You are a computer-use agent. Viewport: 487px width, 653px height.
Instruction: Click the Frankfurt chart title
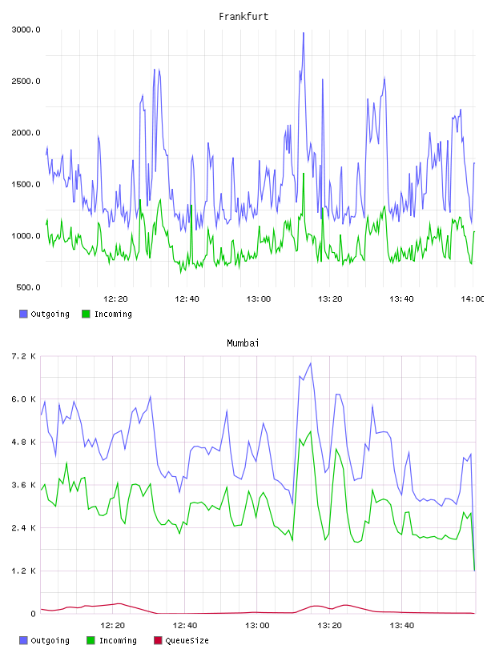[x=243, y=17]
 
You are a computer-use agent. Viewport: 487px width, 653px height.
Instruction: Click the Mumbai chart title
[x=243, y=343]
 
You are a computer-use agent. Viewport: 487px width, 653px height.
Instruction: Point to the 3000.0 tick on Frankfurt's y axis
[x=26, y=30]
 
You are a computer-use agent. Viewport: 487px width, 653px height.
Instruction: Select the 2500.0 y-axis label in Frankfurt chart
[x=26, y=81]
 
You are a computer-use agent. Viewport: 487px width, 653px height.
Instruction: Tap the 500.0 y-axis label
[x=28, y=287]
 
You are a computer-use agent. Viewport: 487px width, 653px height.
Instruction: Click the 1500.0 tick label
[x=26, y=185]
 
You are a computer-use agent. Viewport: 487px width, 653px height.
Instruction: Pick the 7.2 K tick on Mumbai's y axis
[x=23, y=356]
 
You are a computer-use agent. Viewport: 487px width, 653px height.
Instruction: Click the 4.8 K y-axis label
[x=23, y=443]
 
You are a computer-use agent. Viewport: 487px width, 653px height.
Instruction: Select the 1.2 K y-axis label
[x=23, y=571]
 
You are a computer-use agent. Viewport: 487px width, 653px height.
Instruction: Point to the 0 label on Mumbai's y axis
[x=33, y=614]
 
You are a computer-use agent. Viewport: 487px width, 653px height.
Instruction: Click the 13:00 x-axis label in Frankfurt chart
[x=259, y=299]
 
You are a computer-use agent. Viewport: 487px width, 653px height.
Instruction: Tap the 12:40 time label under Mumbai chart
[x=185, y=626]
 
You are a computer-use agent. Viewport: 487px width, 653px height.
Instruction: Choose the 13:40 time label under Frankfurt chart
[x=401, y=299]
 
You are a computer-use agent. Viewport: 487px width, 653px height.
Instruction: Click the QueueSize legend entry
[x=181, y=640]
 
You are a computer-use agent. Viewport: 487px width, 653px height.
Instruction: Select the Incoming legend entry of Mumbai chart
[x=111, y=640]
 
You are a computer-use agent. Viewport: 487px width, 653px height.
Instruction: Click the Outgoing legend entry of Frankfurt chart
[x=44, y=314]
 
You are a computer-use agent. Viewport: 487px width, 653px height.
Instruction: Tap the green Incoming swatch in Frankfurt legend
[x=86, y=314]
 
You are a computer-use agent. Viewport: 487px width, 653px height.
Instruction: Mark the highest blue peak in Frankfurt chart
[x=304, y=33]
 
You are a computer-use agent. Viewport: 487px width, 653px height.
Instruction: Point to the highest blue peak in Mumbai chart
[x=311, y=363]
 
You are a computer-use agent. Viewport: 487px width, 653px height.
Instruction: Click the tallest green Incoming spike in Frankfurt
[x=304, y=174]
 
